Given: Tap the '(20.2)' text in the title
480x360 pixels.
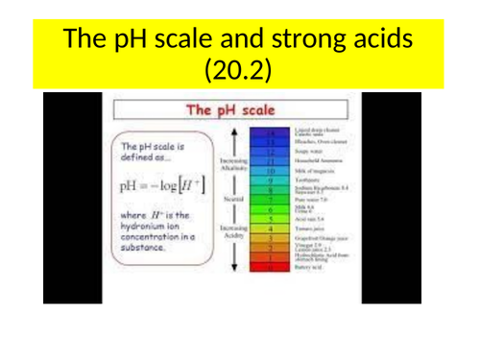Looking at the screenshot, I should point(239,71).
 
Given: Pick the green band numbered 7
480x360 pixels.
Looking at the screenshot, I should point(272,201).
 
